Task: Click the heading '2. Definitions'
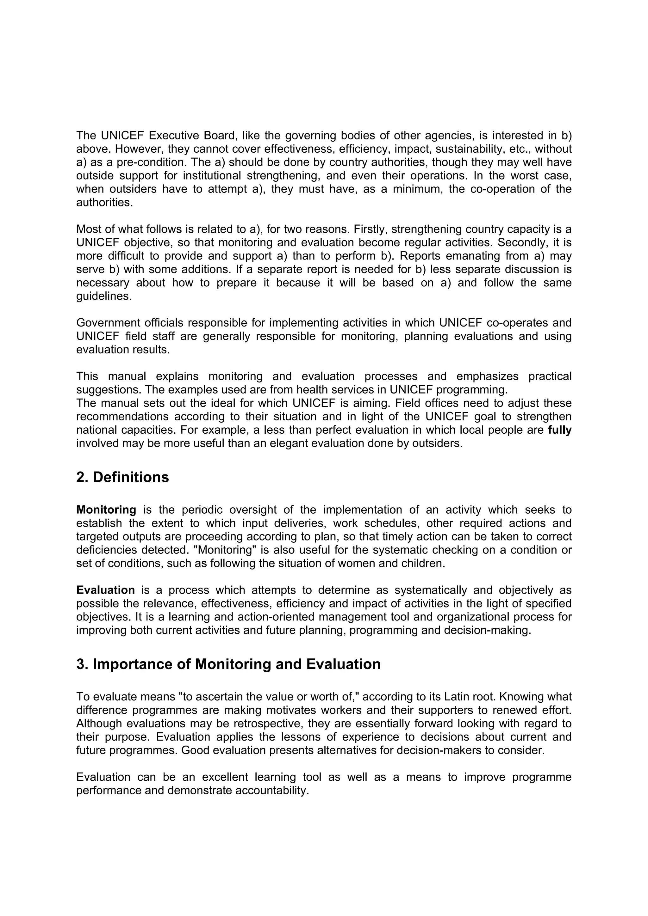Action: [x=122, y=477]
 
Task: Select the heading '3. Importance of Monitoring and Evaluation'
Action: [x=228, y=664]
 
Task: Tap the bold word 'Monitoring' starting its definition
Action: [x=106, y=510]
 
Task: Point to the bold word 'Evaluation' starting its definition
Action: [x=105, y=590]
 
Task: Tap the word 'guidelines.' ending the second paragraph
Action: [x=104, y=296]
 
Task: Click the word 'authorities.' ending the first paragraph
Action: [x=104, y=202]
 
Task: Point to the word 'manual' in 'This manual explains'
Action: [x=127, y=376]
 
